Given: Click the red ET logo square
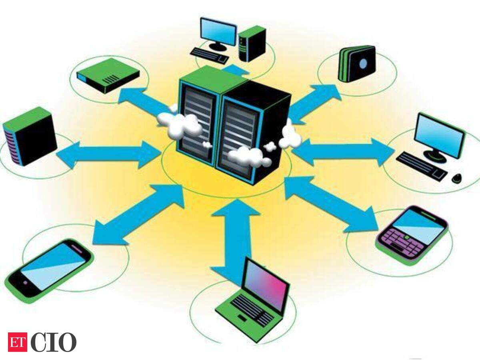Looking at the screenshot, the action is (18, 342).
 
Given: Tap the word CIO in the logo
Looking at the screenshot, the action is (54, 342).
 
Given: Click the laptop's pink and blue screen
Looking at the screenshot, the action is (265, 284).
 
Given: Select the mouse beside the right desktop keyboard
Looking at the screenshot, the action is (457, 178).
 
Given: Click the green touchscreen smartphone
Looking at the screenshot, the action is (49, 271).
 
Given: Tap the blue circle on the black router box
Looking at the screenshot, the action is (363, 64).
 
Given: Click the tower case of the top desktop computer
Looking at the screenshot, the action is (252, 44).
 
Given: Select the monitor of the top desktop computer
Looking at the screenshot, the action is (218, 34).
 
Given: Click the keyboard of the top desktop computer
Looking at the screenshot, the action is (209, 56).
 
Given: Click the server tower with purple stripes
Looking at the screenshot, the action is (30, 136).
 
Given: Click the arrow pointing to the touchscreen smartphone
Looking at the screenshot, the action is (138, 215).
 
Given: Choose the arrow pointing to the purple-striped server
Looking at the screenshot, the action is (109, 154).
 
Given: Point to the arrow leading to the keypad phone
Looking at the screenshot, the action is (331, 204).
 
